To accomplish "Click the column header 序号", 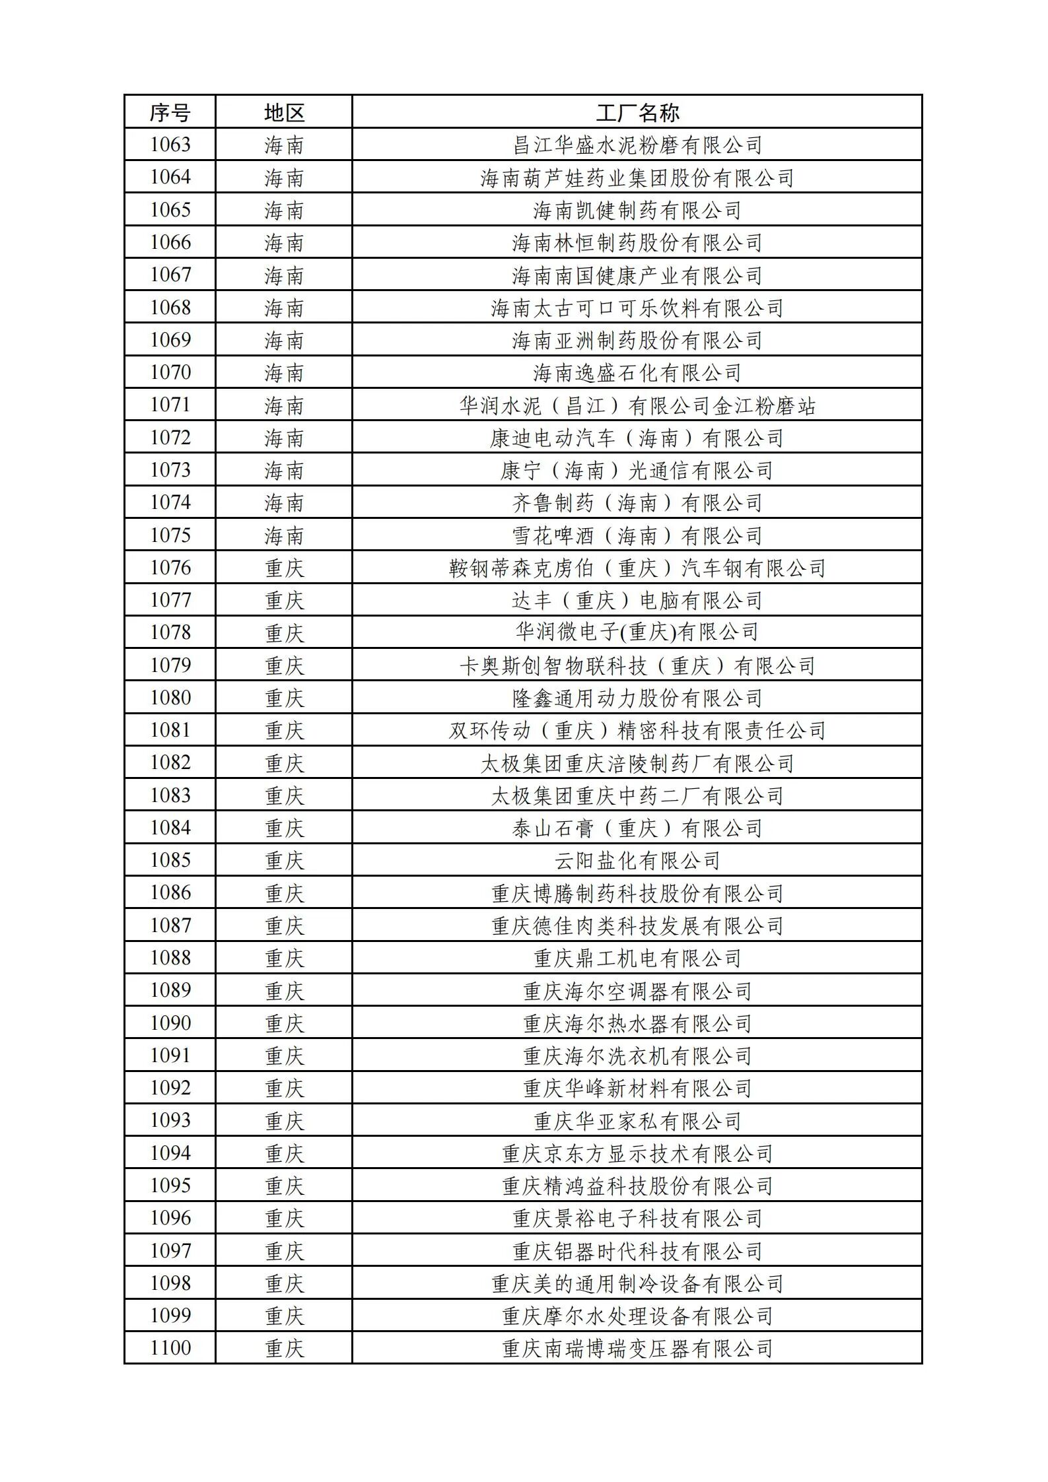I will click(170, 112).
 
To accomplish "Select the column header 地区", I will click(284, 112).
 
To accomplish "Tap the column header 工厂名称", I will click(637, 112).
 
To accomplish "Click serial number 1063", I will click(170, 145).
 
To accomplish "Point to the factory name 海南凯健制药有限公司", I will click(637, 210).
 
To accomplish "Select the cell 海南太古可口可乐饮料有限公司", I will click(637, 308).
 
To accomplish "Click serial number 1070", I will click(170, 372).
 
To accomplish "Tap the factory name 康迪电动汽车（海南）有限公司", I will click(637, 438).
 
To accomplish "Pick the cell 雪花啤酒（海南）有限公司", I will click(637, 535).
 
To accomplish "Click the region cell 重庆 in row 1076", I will click(284, 568).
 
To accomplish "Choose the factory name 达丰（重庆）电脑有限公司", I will click(637, 600).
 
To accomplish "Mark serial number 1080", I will click(170, 698).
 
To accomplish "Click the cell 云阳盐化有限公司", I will click(637, 860).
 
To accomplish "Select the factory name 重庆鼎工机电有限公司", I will click(637, 958).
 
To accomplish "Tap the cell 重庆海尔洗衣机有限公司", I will click(637, 1056).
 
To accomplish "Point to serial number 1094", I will click(170, 1153).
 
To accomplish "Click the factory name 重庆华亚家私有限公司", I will click(637, 1121).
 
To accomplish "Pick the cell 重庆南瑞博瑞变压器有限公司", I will click(637, 1348).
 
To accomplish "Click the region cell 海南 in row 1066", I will click(284, 242).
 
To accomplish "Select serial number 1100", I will click(170, 1348).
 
